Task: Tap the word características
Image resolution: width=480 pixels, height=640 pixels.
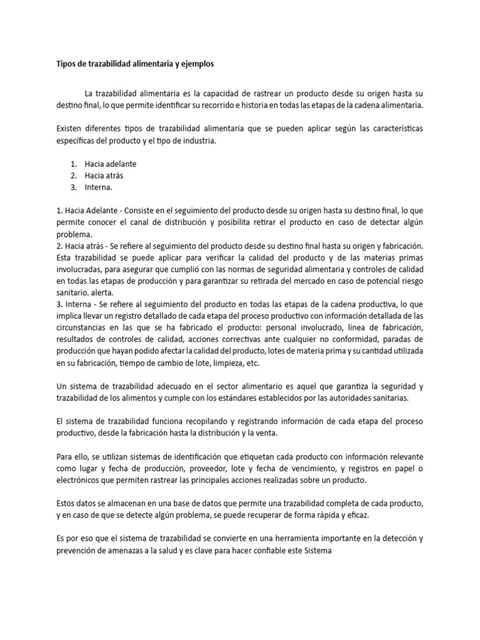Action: coord(388,128)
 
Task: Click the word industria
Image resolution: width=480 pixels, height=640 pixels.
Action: coord(197,140)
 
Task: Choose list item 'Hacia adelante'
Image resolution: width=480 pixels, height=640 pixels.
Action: coord(111,164)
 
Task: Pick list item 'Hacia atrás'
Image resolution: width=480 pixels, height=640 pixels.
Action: coord(104,176)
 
